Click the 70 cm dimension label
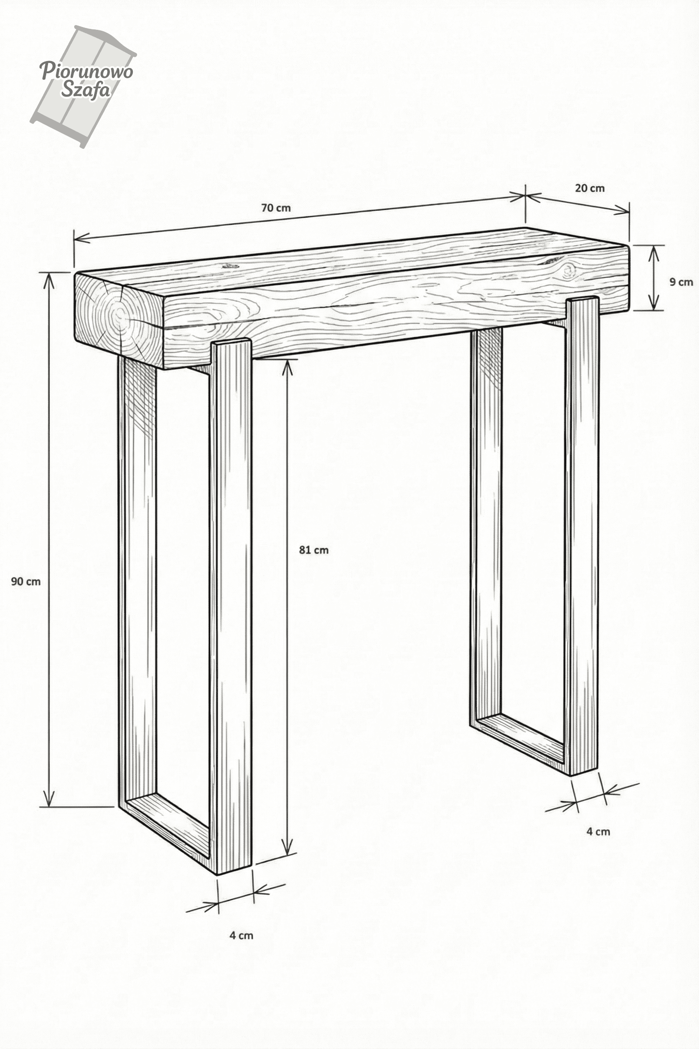point(276,208)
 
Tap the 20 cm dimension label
point(589,188)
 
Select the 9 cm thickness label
point(681,282)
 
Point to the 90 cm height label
point(26,581)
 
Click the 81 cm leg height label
point(314,550)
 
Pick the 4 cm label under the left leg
point(241,935)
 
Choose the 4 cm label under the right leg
point(598,831)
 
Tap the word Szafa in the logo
point(86,90)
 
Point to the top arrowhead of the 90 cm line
point(48,281)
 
